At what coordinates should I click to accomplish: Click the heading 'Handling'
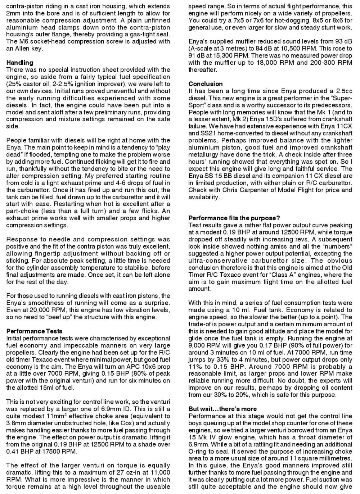(20, 63)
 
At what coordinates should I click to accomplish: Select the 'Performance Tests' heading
(34, 331)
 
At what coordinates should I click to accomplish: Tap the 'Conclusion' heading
(206, 84)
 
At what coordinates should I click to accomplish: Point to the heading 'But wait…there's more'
(222, 409)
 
